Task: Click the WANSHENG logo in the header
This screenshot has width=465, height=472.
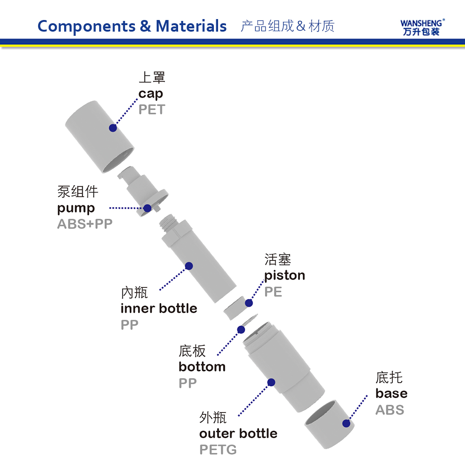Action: [422, 27]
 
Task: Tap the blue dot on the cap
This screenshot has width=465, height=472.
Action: [113, 128]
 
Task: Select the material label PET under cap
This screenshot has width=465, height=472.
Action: [152, 110]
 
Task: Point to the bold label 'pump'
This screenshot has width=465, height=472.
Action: [76, 208]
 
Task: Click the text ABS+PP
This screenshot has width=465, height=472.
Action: [85, 224]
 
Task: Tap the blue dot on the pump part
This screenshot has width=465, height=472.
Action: [147, 208]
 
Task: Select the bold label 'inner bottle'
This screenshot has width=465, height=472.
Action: [159, 308]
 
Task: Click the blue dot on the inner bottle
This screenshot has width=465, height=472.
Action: [189, 266]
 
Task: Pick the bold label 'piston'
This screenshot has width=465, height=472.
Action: [285, 275]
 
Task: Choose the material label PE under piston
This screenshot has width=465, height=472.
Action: [273, 292]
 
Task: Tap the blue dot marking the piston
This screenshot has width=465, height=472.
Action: [249, 303]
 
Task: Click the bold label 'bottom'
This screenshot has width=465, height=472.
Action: [202, 367]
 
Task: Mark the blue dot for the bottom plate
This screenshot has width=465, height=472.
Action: [241, 330]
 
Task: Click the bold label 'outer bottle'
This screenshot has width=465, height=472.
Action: [238, 433]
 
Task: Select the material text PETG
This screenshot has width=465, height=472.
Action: [218, 450]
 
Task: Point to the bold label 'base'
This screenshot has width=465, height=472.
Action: [391, 393]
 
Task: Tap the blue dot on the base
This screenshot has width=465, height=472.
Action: [346, 423]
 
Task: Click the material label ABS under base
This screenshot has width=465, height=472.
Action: [390, 410]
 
